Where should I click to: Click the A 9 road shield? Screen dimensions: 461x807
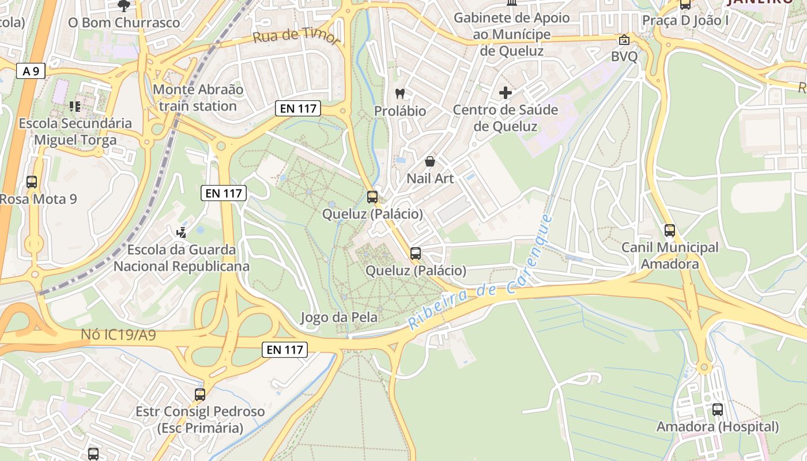click(x=31, y=71)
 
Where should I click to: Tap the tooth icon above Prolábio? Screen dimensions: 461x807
click(x=399, y=93)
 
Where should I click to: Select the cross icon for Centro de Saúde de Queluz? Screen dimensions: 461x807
click(x=506, y=92)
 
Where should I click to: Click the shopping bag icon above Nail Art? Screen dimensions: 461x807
click(x=429, y=161)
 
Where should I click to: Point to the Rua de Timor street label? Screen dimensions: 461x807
click(x=296, y=36)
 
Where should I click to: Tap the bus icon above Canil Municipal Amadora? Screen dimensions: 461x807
click(x=669, y=231)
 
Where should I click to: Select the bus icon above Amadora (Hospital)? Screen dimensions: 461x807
click(x=717, y=410)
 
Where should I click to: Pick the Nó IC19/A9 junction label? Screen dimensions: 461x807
click(x=118, y=335)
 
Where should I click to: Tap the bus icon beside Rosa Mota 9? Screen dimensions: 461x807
click(x=32, y=182)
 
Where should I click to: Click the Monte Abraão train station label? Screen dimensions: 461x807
click(x=198, y=98)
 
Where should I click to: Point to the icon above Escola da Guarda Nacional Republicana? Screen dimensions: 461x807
click(x=182, y=233)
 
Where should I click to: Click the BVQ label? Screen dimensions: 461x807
click(x=624, y=56)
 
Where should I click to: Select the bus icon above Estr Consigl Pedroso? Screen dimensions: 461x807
click(x=199, y=395)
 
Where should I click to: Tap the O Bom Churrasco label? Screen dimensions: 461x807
click(x=124, y=23)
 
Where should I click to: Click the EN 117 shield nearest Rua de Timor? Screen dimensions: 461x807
click(x=297, y=108)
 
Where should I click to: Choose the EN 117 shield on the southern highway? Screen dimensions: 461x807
click(x=285, y=349)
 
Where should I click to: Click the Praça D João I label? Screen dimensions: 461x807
click(x=685, y=21)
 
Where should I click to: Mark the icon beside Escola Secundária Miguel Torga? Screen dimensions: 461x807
click(x=74, y=106)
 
